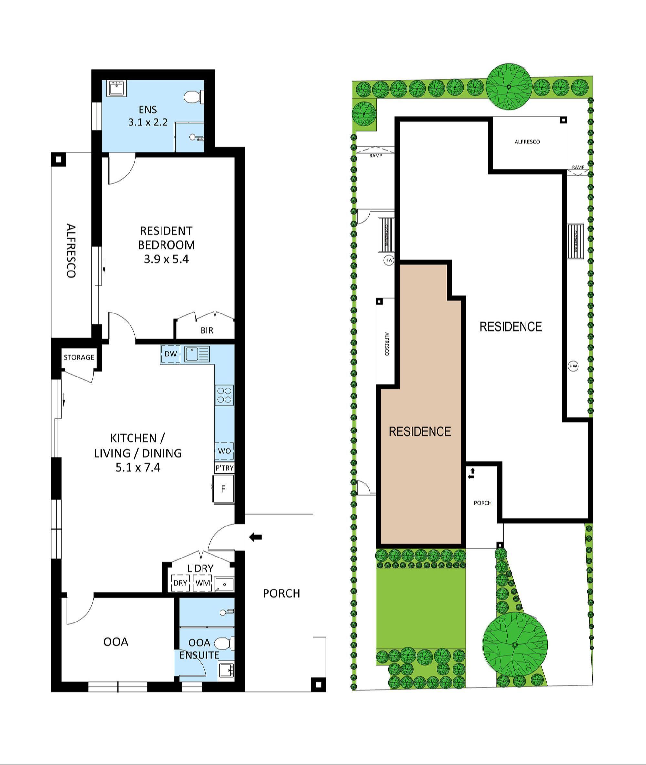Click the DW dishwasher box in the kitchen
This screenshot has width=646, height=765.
[x=171, y=354]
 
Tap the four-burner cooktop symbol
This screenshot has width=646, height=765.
[x=224, y=395]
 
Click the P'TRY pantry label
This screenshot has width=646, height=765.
[x=224, y=468]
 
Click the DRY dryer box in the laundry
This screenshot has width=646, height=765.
[x=180, y=583]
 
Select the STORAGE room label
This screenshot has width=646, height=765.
[x=79, y=357]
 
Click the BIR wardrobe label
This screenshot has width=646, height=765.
[x=206, y=331]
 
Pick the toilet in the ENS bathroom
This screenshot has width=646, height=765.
[x=192, y=98]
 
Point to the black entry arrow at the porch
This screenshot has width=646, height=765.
[x=255, y=537]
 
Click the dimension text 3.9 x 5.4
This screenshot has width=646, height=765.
[x=166, y=260]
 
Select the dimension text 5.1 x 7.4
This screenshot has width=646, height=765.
[x=138, y=468]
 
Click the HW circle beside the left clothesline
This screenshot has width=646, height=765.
[x=389, y=260]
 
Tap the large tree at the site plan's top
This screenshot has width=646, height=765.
[x=509, y=87]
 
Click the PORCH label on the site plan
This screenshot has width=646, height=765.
[x=483, y=503]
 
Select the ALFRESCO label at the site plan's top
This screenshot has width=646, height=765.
[x=527, y=142]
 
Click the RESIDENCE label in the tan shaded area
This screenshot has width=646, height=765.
[x=420, y=431]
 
